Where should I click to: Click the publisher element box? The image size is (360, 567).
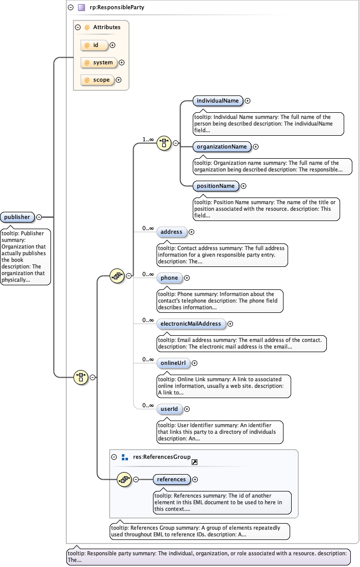(x=17, y=217)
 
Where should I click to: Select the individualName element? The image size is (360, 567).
(x=217, y=101)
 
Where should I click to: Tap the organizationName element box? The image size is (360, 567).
(x=222, y=146)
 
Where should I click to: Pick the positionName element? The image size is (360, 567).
(x=216, y=186)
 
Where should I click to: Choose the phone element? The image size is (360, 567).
(x=169, y=278)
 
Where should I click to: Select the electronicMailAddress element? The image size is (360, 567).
(x=190, y=324)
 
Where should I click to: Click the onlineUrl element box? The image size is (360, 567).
(x=173, y=363)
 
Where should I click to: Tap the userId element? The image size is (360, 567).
(x=169, y=409)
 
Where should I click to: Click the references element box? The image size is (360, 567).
(x=171, y=479)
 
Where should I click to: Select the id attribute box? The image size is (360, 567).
(x=95, y=45)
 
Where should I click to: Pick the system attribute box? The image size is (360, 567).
(x=99, y=62)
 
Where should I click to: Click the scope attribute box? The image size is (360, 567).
(x=97, y=80)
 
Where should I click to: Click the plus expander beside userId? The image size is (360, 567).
(x=187, y=409)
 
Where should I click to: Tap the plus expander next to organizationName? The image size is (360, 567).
(x=255, y=146)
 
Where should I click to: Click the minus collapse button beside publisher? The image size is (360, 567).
(x=39, y=217)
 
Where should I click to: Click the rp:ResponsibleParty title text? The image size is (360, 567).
(x=110, y=7)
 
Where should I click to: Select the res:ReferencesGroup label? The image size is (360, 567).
(x=162, y=457)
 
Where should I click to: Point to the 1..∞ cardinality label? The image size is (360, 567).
(x=148, y=139)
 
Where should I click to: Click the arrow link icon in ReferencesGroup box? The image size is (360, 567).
(x=194, y=462)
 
